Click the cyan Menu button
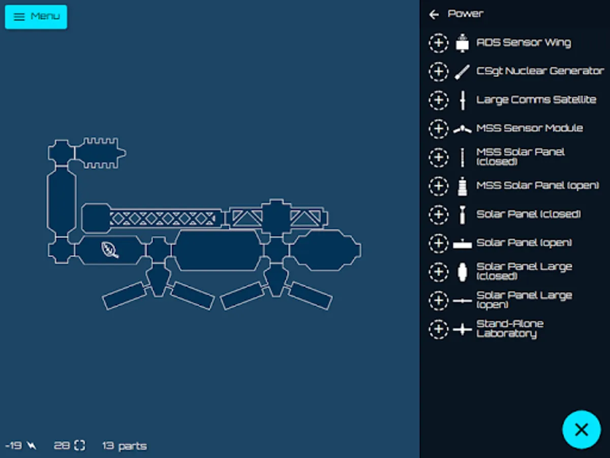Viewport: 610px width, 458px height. [36, 17]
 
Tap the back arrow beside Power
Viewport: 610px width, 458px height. [434, 14]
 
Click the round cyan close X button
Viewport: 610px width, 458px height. [582, 430]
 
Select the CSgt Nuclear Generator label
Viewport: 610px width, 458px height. [540, 71]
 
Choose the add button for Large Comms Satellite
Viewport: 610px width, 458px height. [439, 100]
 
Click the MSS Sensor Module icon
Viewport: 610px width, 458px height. [462, 129]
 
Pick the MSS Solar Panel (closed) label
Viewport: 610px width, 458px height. [520, 157]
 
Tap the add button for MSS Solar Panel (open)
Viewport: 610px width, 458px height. [439, 186]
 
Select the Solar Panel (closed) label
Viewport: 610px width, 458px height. [528, 214]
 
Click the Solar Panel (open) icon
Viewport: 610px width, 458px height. [462, 244]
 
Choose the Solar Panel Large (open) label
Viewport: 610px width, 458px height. [524, 300]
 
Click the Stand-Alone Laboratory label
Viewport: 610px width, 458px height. [510, 329]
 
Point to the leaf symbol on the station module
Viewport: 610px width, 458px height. [110, 250]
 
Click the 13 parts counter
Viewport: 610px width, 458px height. [125, 446]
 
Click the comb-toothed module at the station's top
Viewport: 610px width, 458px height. [100, 153]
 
